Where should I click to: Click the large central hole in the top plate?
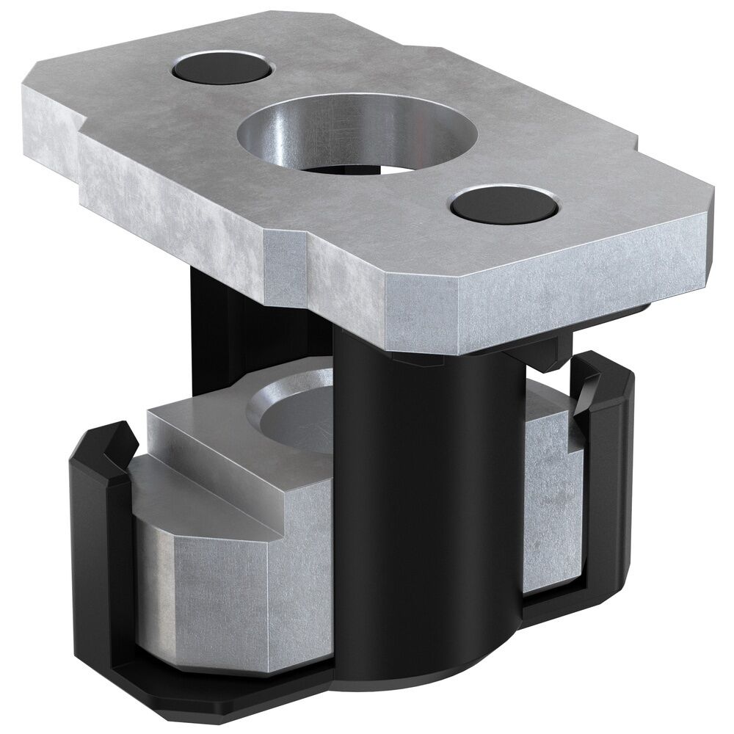pyautogui.click(x=357, y=136)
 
